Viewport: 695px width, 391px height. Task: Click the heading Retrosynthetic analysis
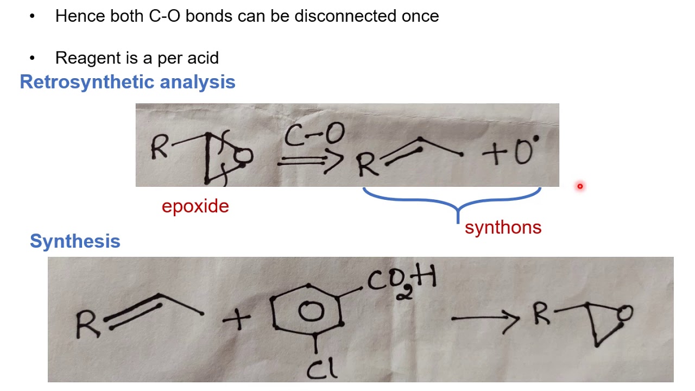(x=128, y=82)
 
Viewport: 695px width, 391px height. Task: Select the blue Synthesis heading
(x=75, y=241)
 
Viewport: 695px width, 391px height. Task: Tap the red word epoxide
(x=195, y=206)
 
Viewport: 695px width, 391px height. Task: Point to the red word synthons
(x=503, y=227)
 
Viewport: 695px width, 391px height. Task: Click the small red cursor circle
(x=580, y=186)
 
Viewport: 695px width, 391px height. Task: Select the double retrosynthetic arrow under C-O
(x=310, y=161)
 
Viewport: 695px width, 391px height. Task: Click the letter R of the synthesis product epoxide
(x=541, y=315)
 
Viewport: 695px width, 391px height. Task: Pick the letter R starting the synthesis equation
(x=87, y=324)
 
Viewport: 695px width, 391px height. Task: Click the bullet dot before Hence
(x=33, y=16)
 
